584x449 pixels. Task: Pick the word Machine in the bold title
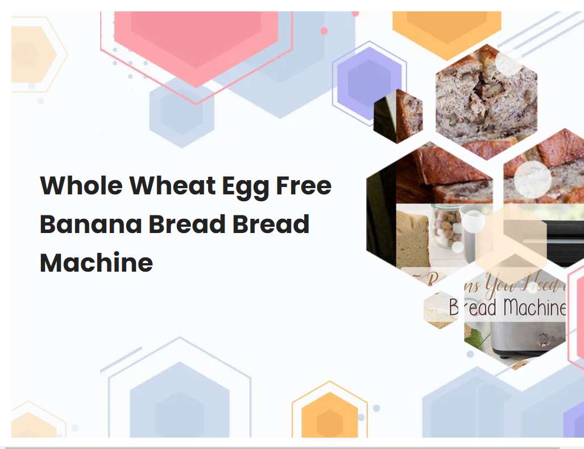coord(96,263)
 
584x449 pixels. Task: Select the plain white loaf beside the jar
coord(412,239)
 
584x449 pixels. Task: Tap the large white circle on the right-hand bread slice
coord(532,180)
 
